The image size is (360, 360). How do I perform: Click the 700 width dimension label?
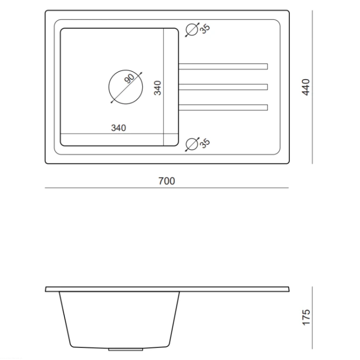pyautogui.click(x=167, y=181)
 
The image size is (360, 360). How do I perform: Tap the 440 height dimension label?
pyautogui.click(x=306, y=87)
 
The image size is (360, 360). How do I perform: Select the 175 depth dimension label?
pyautogui.click(x=306, y=317)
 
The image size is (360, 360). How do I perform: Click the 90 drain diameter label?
pyautogui.click(x=129, y=78)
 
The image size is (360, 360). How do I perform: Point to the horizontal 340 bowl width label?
pyautogui.click(x=119, y=128)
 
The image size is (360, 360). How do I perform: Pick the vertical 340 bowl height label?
pyautogui.click(x=157, y=88)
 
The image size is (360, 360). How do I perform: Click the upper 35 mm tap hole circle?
pyautogui.click(x=192, y=30)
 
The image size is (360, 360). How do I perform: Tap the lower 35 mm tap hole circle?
pyautogui.click(x=192, y=144)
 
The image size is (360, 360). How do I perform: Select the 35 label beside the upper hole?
pyautogui.click(x=205, y=29)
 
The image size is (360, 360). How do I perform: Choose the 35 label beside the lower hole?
pyautogui.click(x=205, y=143)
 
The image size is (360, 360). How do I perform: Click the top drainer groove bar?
pyautogui.click(x=223, y=66)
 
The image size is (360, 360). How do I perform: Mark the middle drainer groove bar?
pyautogui.click(x=223, y=87)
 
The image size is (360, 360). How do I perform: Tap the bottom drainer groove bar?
pyautogui.click(x=223, y=108)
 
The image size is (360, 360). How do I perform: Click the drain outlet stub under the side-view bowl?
pyautogui.click(x=126, y=349)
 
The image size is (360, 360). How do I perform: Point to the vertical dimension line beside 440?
pyautogui.click(x=312, y=87)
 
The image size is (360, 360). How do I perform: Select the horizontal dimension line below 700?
pyautogui.click(x=167, y=188)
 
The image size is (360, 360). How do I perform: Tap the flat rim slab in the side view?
pyautogui.click(x=167, y=289)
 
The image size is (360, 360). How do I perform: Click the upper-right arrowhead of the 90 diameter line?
pyautogui.click(x=141, y=73)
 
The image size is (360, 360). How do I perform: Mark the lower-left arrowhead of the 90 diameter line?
pyautogui.click(x=112, y=102)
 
